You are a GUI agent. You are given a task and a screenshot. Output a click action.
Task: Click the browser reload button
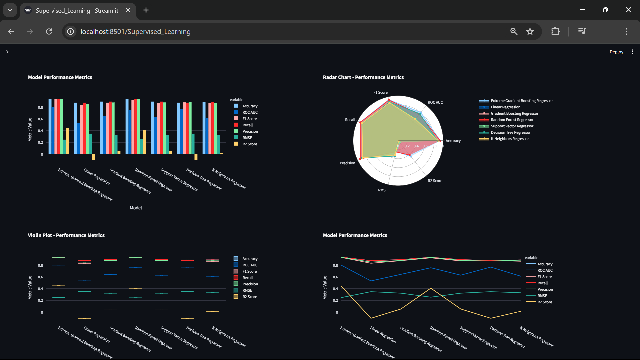pos(49,31)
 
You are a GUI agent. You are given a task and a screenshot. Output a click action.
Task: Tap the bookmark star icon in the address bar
pos(530,31)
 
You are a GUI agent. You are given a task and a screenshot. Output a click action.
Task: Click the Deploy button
pos(616,52)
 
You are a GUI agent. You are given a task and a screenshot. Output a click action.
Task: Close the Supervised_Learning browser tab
pos(128,10)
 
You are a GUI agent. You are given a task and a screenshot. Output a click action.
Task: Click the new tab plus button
pos(146,10)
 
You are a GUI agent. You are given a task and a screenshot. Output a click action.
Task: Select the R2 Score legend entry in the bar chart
pos(249,144)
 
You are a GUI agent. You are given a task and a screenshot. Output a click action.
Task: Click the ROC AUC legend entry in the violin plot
pos(250,265)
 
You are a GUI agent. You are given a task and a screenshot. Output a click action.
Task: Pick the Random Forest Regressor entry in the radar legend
pos(512,120)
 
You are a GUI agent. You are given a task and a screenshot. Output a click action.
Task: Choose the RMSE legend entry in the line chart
pos(542,296)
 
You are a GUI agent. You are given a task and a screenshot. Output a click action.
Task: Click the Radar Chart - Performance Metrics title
pos(363,77)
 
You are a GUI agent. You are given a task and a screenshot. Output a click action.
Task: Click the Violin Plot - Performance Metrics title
pos(66,235)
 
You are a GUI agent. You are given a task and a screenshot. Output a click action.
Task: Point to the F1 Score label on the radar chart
pos(380,92)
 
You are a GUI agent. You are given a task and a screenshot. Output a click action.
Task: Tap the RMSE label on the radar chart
pos(383,190)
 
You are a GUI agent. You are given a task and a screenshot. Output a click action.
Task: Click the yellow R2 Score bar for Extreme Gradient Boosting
pos(68,141)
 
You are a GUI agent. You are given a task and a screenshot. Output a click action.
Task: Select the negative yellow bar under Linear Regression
pos(93,157)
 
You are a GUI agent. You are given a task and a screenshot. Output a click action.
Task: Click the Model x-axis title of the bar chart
pos(136,208)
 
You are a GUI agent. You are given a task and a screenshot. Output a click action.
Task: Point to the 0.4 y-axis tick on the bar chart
pos(40,131)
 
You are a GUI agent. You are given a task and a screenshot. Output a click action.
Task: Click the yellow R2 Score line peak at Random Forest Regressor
pos(431,288)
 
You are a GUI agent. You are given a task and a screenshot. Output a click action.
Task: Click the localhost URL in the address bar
pos(135,32)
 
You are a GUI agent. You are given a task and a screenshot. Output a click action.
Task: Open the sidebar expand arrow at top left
pos(7,52)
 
